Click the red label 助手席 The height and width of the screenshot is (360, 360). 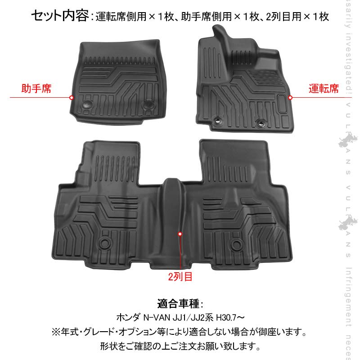pyautogui.click(x=36, y=88)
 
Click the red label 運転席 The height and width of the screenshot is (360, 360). pyautogui.click(x=324, y=88)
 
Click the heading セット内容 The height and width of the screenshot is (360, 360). pyautogui.click(x=60, y=17)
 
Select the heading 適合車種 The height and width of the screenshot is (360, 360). pyautogui.click(x=180, y=302)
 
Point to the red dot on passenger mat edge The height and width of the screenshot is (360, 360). pyautogui.click(x=72, y=97)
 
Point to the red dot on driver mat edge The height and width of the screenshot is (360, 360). pyautogui.click(x=290, y=97)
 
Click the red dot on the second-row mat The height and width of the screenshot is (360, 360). pyautogui.click(x=180, y=234)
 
